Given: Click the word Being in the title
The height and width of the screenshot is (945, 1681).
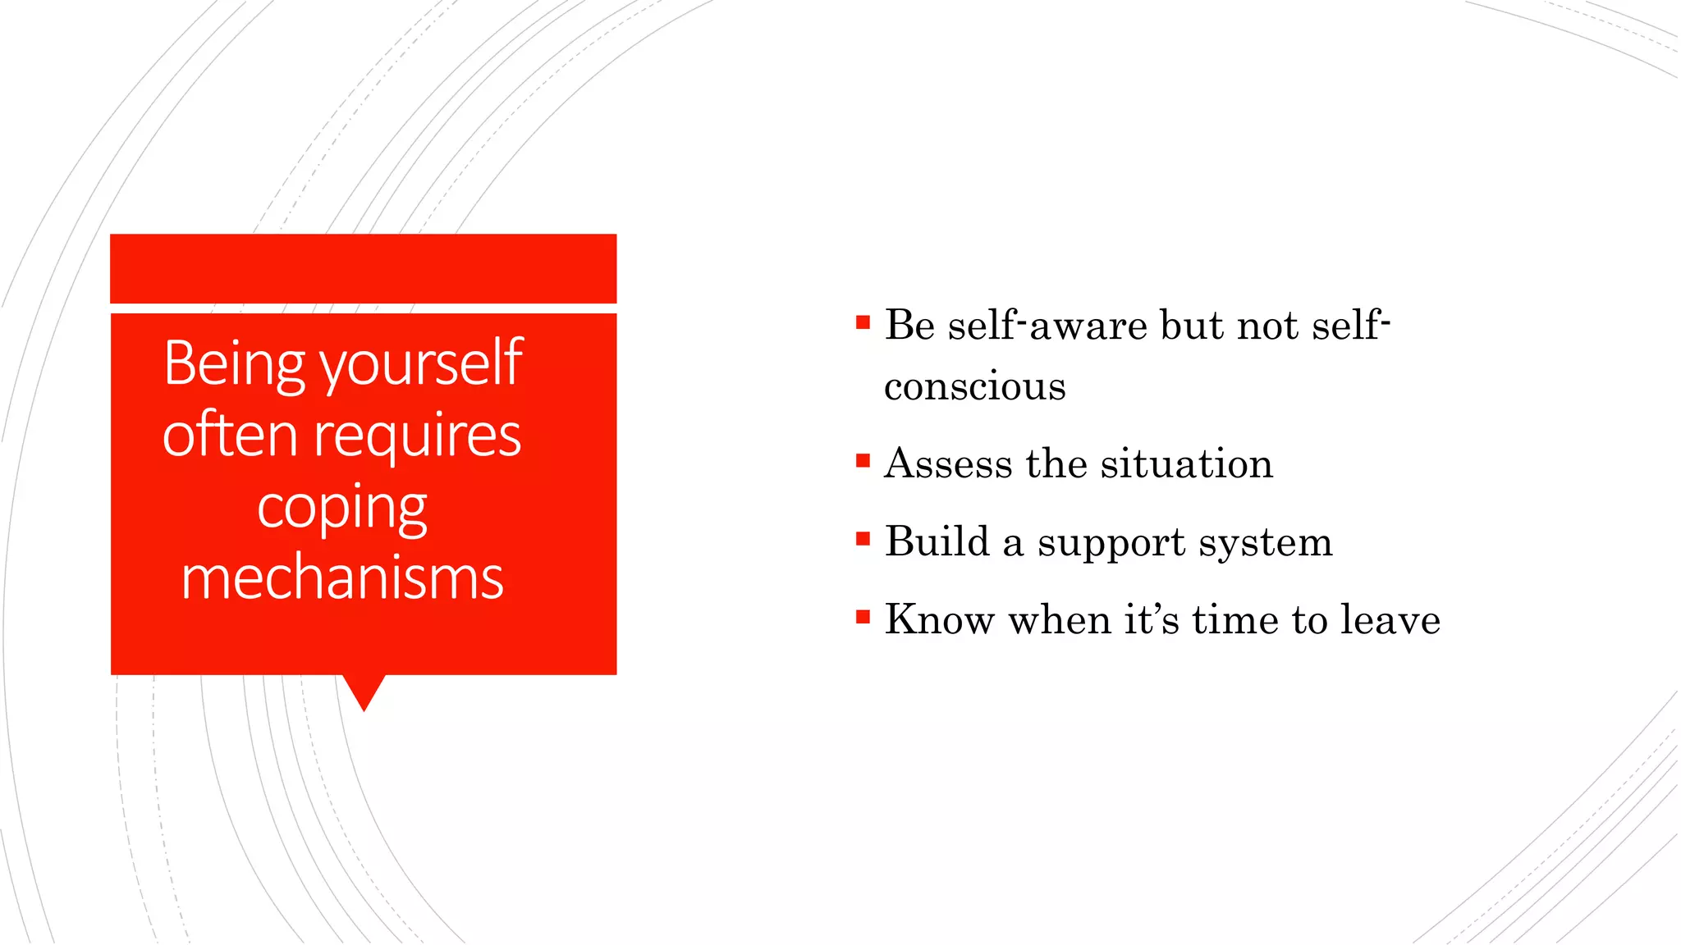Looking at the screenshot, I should point(234,363).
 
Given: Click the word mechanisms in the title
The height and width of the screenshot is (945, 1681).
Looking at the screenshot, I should point(341,578).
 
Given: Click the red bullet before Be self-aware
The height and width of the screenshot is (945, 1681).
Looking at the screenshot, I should point(863,322).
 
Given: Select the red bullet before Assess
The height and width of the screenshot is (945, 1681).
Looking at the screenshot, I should point(863,461).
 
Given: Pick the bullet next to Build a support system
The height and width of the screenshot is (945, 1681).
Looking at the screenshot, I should point(863,539).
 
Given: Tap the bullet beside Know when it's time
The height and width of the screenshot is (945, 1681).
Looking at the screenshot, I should point(863,617).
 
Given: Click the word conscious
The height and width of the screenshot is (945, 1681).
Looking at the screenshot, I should point(974,386).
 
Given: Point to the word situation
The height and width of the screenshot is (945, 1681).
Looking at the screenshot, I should point(1186,463).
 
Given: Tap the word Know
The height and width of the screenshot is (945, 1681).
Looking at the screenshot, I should point(940,619).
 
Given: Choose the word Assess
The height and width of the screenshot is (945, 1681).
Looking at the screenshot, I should point(948,463).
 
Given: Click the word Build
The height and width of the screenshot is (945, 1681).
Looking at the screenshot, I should point(937,541).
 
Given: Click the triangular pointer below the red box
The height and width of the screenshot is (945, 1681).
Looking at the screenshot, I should point(364,689).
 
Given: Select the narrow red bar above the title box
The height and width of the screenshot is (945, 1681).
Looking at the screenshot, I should point(363,268).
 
